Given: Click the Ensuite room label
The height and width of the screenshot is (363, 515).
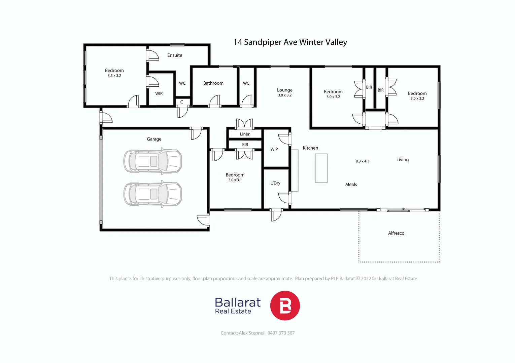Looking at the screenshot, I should (175, 55).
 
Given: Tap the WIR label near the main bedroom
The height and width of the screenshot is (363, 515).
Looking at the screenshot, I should (159, 94).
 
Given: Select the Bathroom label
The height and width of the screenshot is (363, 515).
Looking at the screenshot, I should (213, 83).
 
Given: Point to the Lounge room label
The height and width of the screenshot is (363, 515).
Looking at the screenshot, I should (284, 90).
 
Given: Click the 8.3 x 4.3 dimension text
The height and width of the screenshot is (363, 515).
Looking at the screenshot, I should (362, 161).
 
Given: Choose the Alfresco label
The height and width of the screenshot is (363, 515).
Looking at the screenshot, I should (396, 233).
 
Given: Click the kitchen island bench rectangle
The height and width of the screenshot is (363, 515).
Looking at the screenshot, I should (321, 168).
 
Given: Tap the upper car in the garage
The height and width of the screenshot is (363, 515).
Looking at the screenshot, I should (153, 161).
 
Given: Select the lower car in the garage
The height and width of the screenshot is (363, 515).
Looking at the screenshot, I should (153, 194).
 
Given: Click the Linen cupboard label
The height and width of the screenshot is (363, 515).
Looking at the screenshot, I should (245, 134).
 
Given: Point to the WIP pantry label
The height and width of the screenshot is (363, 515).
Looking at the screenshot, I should (274, 149).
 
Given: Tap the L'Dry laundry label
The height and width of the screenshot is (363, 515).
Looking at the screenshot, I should (275, 183).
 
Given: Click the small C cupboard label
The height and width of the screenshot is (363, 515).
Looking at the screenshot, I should (181, 102).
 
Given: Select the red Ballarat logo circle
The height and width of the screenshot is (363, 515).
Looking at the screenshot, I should (285, 306).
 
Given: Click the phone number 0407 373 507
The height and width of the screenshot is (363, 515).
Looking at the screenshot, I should (281, 333).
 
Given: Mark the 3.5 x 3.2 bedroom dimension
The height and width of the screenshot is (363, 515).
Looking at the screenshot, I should (114, 76).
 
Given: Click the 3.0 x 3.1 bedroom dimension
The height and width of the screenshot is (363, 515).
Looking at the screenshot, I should (235, 180).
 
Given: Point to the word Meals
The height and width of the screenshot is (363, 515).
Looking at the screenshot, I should (351, 185).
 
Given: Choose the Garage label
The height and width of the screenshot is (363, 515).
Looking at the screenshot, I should (154, 139).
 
